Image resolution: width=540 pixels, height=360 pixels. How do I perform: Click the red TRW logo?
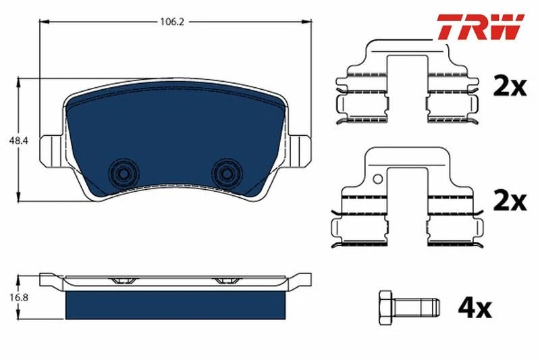(481, 26)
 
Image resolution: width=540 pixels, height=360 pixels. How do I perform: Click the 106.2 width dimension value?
(172, 22)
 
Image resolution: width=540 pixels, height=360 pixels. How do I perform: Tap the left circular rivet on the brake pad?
(124, 174)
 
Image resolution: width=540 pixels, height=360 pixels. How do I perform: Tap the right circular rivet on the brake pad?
(227, 174)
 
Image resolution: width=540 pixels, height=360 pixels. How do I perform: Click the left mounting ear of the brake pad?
(52, 151)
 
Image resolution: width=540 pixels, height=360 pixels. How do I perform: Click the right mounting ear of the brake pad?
(299, 151)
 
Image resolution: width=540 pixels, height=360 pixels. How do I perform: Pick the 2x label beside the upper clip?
(510, 87)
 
